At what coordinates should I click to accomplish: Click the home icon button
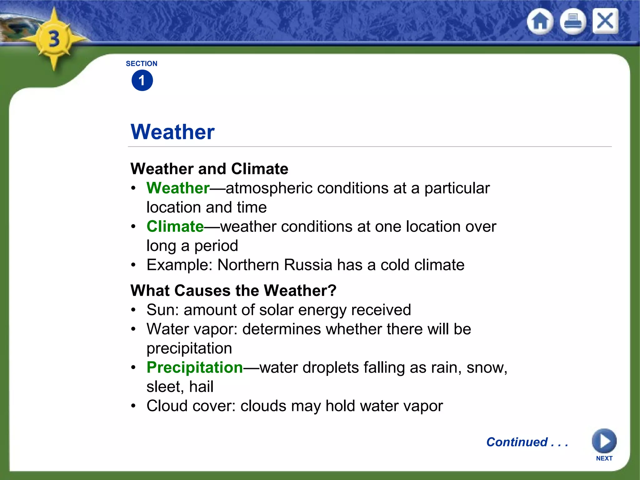(540, 22)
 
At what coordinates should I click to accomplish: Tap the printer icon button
(572, 22)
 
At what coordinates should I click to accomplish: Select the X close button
(605, 21)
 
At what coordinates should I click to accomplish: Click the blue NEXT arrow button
(604, 441)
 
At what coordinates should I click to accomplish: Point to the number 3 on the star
(54, 39)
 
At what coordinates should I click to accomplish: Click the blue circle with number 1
(142, 81)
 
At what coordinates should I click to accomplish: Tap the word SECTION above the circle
(142, 64)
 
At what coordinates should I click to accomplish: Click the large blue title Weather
(172, 132)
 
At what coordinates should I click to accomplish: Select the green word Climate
(175, 227)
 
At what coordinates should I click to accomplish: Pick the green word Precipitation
(195, 367)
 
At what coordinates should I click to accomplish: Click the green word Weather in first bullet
(178, 188)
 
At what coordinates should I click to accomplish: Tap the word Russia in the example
(308, 265)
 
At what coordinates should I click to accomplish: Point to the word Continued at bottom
(517, 442)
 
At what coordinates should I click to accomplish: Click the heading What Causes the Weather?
(233, 291)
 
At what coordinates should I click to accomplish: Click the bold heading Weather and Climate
(209, 169)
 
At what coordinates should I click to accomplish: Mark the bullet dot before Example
(133, 265)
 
